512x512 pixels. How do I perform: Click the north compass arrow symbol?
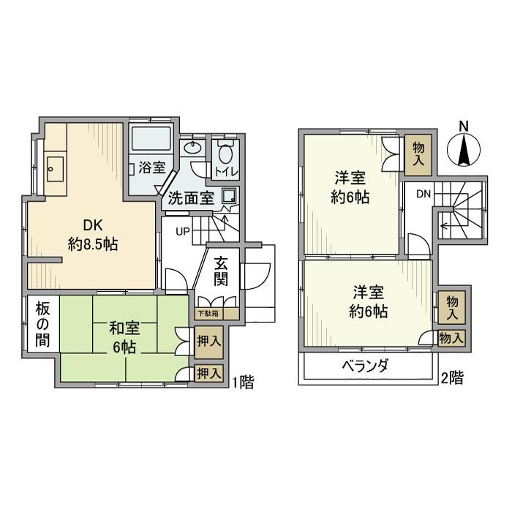pyautogui.click(x=463, y=151)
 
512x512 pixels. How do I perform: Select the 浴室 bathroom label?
pyautogui.click(x=151, y=167)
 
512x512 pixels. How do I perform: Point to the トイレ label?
pyautogui.click(x=225, y=172)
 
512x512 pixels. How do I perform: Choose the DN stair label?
pyautogui.click(x=424, y=194)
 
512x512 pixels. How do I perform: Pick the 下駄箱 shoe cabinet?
pyautogui.click(x=209, y=313)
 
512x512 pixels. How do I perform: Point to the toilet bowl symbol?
pyautogui.click(x=225, y=154)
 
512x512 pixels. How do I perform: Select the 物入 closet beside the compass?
pyautogui.click(x=418, y=155)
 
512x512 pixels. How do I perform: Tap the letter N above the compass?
pyautogui.click(x=463, y=125)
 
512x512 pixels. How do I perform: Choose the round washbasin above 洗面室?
pyautogui.click(x=192, y=147)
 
